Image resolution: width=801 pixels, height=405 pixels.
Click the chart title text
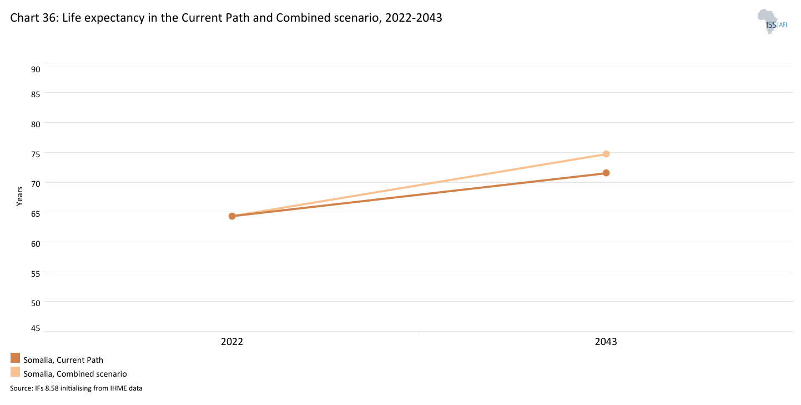[x=226, y=17]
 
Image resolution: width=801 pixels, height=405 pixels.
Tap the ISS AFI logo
[x=772, y=22]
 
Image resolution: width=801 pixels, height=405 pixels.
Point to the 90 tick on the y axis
[x=36, y=69]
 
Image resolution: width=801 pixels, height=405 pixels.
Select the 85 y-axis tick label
[x=36, y=94]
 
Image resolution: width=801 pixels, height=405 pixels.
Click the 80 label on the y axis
[x=36, y=123]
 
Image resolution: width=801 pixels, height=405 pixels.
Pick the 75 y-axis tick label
[x=36, y=154]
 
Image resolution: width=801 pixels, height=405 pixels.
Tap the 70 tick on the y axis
[x=36, y=183]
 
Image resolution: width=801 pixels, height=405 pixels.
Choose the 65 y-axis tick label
[x=36, y=213]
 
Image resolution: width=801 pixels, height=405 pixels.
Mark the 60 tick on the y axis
[x=36, y=243]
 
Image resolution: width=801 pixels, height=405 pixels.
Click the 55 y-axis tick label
[x=36, y=273]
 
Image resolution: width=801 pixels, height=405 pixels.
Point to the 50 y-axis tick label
[x=36, y=303]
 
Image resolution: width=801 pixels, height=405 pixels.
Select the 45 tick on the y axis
[x=36, y=328]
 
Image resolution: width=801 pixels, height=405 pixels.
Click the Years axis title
[x=19, y=196]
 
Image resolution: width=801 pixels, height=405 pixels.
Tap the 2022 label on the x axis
[x=232, y=342]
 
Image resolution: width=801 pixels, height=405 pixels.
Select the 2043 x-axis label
[x=606, y=342]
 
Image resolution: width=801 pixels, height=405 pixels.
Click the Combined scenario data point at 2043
[x=606, y=154]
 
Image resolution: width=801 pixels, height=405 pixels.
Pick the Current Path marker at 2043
[x=606, y=173]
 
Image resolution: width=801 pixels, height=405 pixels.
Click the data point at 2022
[x=232, y=216]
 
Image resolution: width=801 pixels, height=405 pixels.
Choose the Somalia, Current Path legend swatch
[x=15, y=358]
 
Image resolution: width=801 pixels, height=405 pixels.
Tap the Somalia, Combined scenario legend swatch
[x=15, y=372]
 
